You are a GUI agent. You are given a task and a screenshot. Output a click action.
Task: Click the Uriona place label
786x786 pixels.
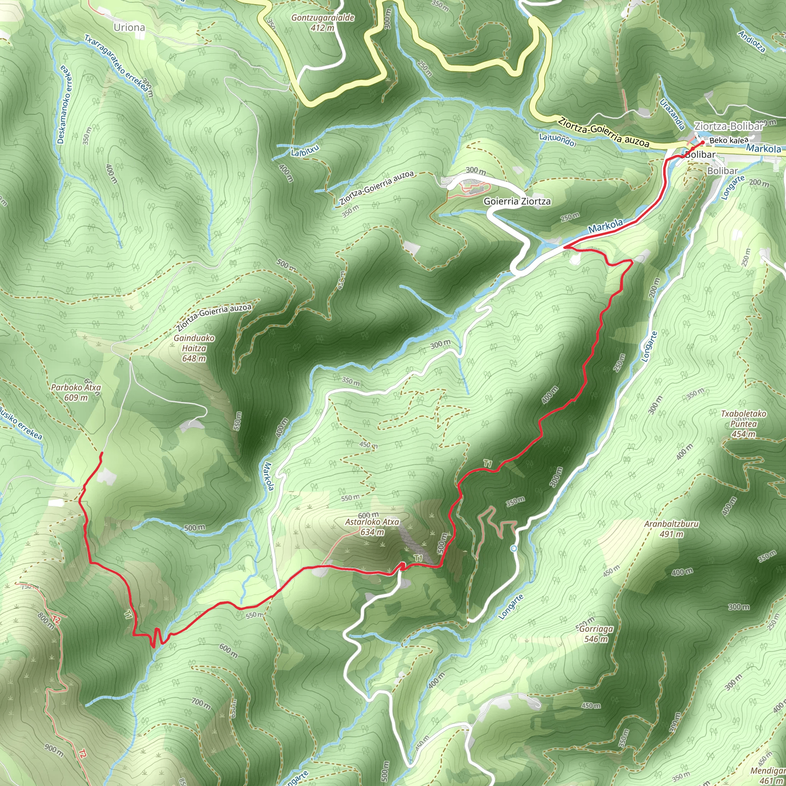tap(129, 27)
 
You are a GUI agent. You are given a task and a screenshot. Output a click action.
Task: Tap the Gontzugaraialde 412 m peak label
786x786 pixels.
tap(323, 23)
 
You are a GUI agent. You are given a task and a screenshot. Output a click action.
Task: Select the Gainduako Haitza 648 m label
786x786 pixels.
tap(194, 348)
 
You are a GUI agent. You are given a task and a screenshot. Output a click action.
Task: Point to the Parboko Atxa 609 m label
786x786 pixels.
tap(76, 393)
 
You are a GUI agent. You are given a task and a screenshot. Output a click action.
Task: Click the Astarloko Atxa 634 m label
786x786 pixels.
tap(372, 527)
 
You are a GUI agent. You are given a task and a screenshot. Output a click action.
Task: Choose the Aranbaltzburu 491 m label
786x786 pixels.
tap(671, 529)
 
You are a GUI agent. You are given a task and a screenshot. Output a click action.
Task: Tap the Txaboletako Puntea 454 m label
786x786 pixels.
tap(743, 424)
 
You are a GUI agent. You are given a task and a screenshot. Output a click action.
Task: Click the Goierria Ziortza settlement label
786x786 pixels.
tap(517, 201)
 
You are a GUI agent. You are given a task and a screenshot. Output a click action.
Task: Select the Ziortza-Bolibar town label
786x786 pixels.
tap(728, 126)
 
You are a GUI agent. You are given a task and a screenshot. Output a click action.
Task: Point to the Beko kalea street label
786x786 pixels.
tap(729, 140)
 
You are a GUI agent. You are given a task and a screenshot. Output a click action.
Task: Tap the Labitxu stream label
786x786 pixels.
tap(305, 150)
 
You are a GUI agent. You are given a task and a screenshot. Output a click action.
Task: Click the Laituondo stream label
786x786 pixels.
tap(557, 139)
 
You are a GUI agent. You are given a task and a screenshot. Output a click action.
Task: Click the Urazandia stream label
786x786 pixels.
tap(672, 114)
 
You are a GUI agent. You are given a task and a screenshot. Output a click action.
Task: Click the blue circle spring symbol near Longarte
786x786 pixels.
tap(514, 549)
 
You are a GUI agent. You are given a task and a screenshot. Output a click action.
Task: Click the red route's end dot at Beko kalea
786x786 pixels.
tap(703, 142)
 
